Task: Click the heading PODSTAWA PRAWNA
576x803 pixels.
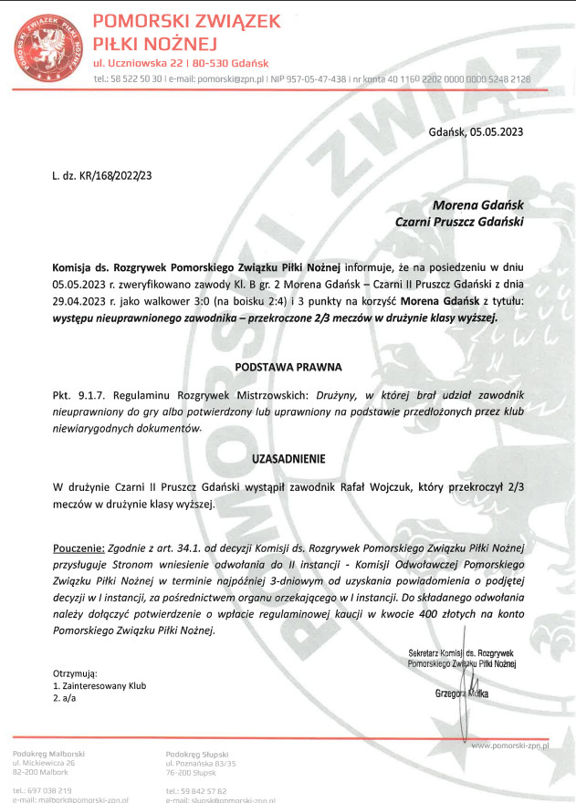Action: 288,367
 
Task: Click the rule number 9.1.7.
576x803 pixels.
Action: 90,397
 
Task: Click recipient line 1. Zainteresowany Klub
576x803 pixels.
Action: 99,684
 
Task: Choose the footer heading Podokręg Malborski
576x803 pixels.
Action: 49,753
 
